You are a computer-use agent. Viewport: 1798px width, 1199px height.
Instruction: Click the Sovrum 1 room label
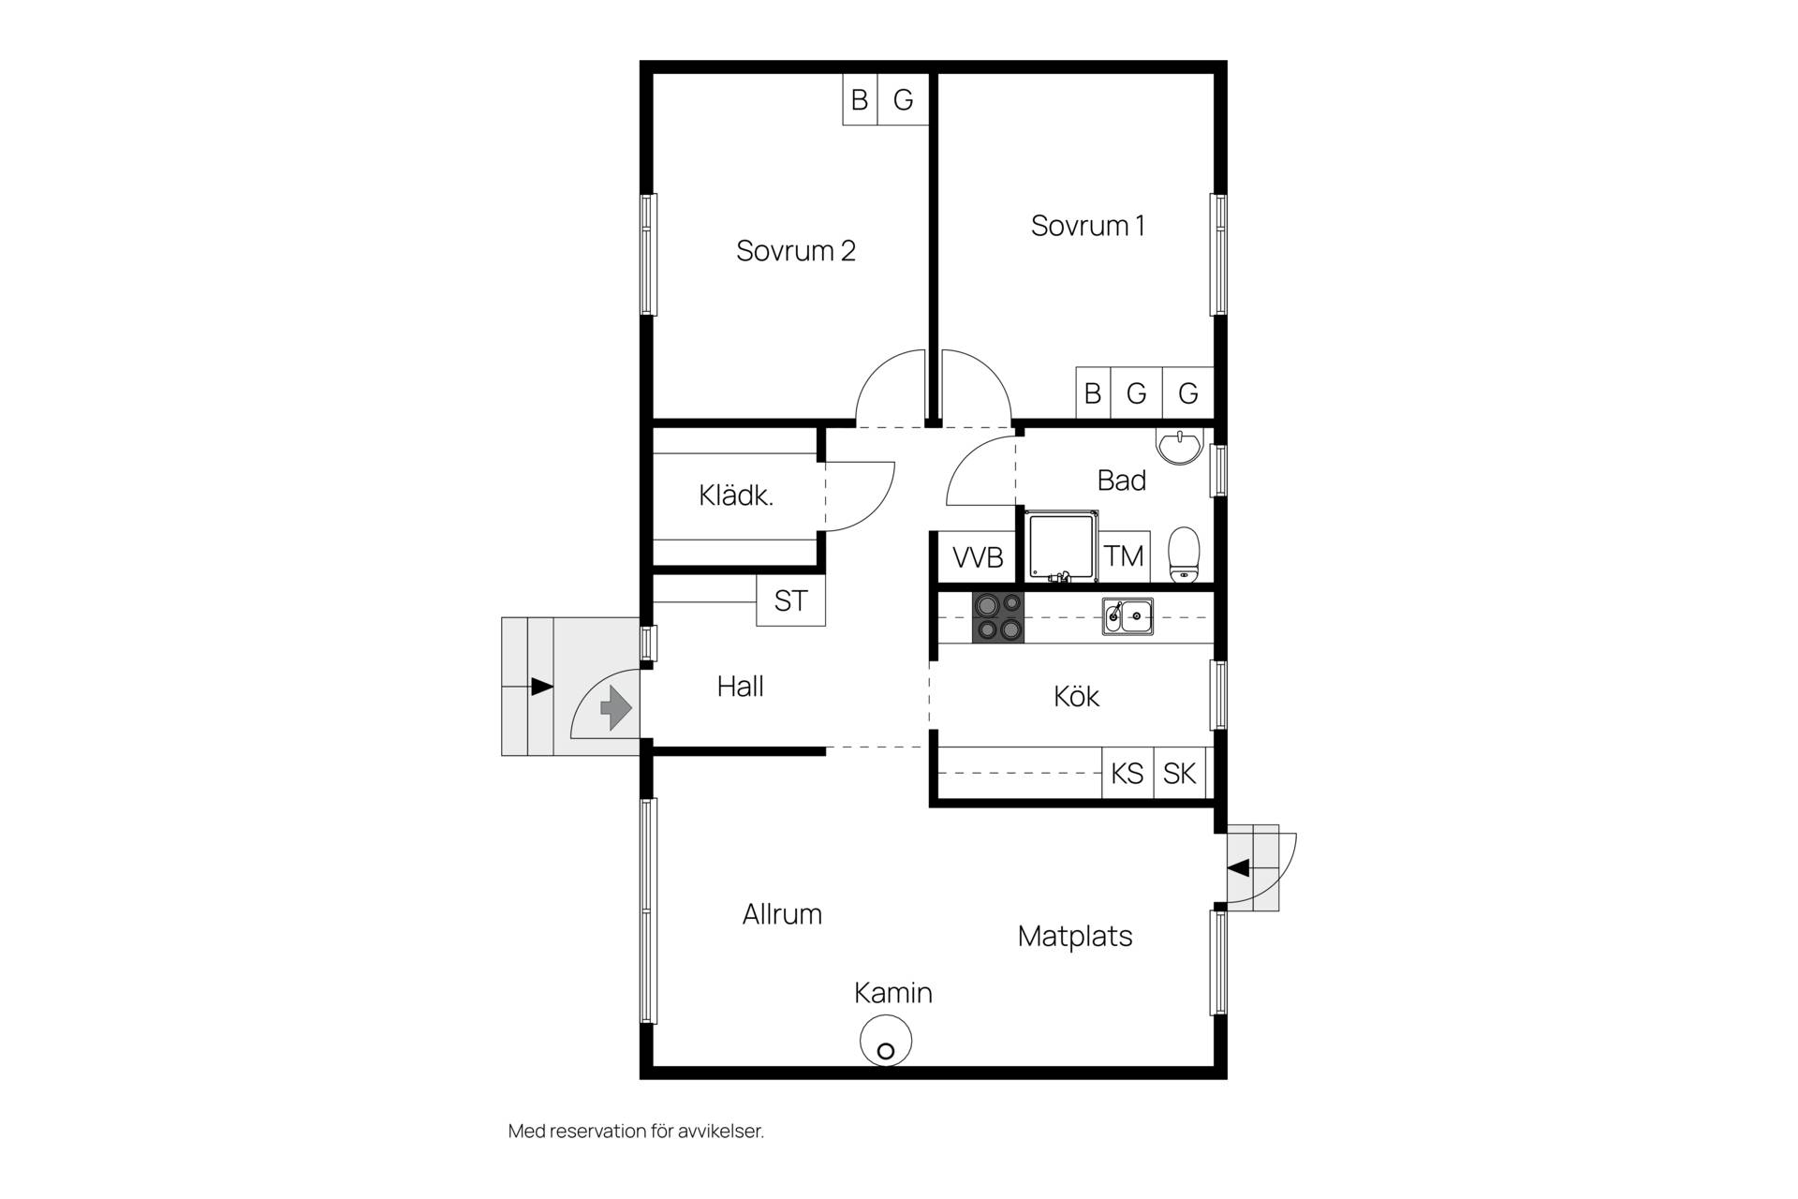(1087, 226)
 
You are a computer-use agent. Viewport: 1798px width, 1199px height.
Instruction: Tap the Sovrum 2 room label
(795, 251)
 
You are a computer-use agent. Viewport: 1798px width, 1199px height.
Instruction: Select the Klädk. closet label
(736, 496)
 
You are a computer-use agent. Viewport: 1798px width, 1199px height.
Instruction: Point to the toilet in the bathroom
(1184, 555)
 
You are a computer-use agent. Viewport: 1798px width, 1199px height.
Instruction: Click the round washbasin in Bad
(1180, 447)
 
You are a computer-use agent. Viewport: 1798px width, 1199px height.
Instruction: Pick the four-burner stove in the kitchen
(998, 617)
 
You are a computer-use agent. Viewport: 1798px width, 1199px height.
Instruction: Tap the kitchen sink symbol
(1127, 616)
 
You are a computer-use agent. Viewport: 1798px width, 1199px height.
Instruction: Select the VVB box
(978, 557)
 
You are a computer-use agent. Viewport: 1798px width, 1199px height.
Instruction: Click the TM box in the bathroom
(1124, 556)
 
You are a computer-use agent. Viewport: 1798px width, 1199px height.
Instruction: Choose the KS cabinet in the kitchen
(1127, 773)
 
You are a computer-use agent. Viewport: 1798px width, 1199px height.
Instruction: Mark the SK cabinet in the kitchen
(1180, 773)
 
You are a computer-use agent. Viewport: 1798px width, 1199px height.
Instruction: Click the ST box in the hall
(790, 600)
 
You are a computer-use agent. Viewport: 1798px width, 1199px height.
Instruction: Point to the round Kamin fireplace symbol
(886, 1041)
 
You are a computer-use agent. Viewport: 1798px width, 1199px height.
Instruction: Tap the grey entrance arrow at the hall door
(615, 707)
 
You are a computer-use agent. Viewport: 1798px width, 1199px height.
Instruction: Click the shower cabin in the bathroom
(1062, 546)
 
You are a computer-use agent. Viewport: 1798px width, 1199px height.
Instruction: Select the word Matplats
(1075, 936)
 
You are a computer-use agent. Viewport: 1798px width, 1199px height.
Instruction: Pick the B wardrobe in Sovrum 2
(860, 99)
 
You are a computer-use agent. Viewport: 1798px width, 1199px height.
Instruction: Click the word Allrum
(782, 914)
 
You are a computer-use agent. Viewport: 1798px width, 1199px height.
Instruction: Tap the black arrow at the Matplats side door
(1238, 868)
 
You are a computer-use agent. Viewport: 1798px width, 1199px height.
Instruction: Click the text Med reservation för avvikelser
(636, 1132)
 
